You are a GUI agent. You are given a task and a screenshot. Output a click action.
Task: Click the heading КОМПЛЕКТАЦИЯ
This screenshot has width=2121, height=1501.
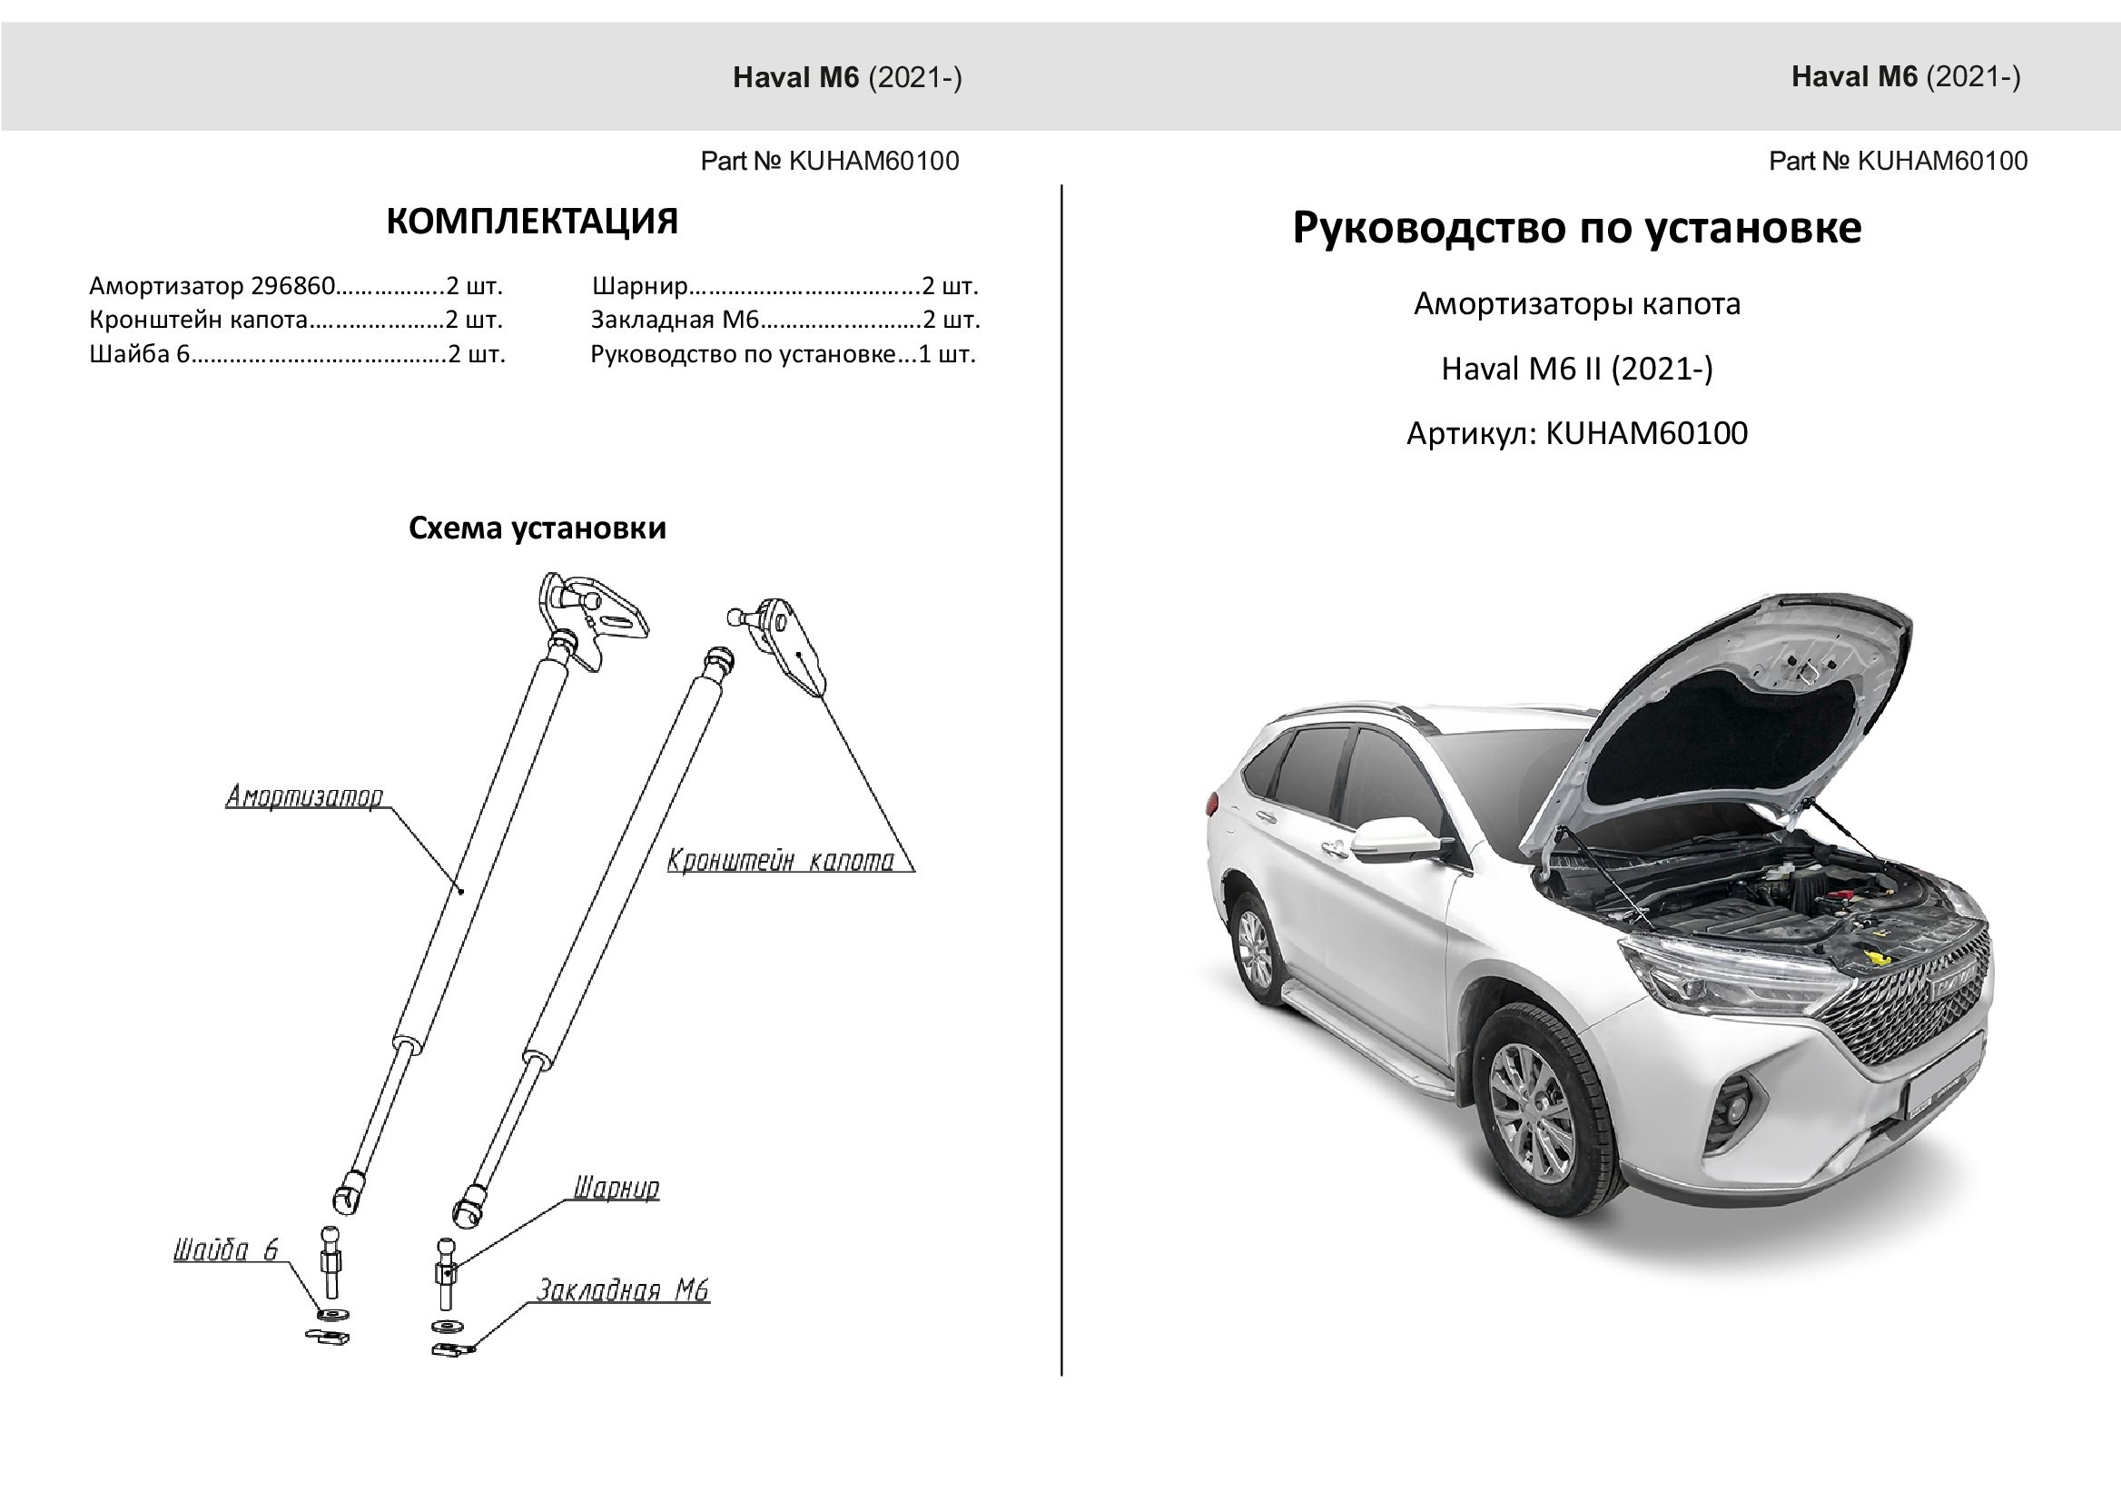pyautogui.click(x=531, y=222)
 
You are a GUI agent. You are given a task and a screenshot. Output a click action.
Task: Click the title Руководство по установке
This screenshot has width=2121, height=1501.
pyautogui.click(x=1576, y=227)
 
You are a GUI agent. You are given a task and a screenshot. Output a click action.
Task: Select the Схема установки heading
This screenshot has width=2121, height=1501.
pyautogui.click(x=537, y=528)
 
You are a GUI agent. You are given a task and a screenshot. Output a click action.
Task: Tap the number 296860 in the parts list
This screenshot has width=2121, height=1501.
pyautogui.click(x=292, y=287)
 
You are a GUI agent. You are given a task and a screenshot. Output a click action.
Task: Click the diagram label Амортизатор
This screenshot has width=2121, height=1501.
pyautogui.click(x=304, y=796)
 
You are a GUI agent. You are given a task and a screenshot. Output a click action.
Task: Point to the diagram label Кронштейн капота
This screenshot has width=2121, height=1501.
pyautogui.click(x=781, y=862)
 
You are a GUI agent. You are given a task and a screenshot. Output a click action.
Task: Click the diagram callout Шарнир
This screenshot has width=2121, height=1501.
pyautogui.click(x=617, y=1188)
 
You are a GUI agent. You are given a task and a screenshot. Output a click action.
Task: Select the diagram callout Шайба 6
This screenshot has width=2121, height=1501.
pyautogui.click(x=225, y=1250)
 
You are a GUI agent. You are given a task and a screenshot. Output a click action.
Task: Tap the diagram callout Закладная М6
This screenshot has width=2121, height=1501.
pyautogui.click(x=623, y=1290)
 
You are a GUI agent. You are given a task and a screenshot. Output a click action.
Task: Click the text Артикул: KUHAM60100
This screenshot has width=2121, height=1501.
pyautogui.click(x=1576, y=433)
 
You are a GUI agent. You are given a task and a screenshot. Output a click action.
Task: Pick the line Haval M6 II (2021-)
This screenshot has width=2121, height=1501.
pyautogui.click(x=1576, y=369)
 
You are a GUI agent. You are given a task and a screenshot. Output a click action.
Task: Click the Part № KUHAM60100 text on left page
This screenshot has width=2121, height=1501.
pyautogui.click(x=829, y=162)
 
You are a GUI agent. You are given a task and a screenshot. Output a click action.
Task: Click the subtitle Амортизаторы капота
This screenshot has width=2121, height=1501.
pyautogui.click(x=1576, y=304)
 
